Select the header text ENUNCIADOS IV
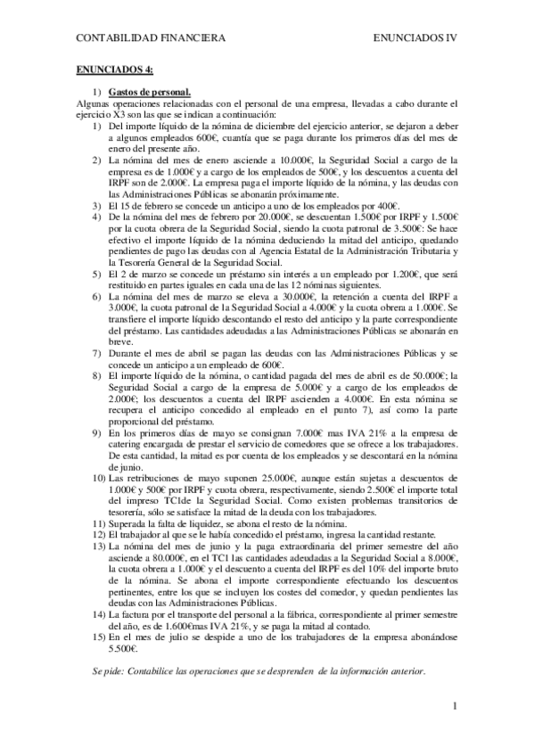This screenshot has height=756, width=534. (x=414, y=38)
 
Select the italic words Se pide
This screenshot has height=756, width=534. (x=110, y=670)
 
